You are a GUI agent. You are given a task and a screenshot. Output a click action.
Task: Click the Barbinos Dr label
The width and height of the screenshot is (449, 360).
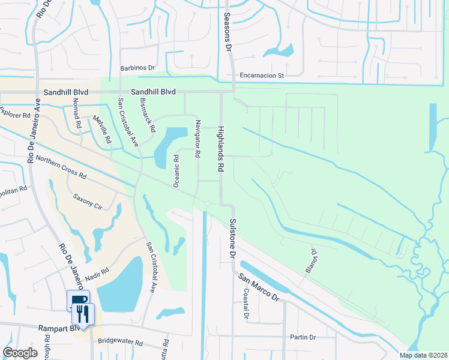click(137, 69)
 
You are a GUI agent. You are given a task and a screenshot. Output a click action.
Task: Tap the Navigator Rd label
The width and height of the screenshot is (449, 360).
click(196, 138)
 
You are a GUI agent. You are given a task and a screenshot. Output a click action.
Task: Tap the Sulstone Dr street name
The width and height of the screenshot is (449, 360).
click(232, 238)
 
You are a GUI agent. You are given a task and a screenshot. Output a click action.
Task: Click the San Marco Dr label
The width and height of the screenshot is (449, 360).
click(259, 287)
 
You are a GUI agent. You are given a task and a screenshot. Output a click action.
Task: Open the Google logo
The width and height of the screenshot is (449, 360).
click(20, 352)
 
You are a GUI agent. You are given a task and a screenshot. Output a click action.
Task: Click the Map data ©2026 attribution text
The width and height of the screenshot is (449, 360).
click(423, 355)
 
